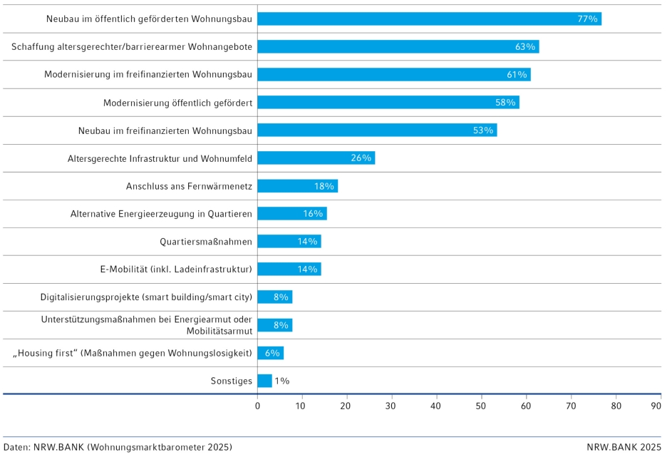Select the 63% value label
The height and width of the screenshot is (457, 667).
pyautogui.click(x=525, y=46)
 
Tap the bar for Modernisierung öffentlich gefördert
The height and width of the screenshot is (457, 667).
pyautogui.click(x=388, y=102)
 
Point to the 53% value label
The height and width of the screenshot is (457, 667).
pyautogui.click(x=483, y=130)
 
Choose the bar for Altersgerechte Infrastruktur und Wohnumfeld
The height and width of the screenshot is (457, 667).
pyautogui.click(x=316, y=158)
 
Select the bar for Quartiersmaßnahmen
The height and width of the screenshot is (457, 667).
pyautogui.click(x=289, y=242)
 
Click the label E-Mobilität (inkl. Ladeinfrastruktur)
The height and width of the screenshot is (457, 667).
pyautogui.click(x=176, y=269)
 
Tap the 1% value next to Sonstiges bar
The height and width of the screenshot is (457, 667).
pyautogui.click(x=281, y=381)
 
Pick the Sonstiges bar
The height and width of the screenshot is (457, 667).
pyautogui.click(x=264, y=381)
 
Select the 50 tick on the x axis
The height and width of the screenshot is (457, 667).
pyautogui.click(x=482, y=406)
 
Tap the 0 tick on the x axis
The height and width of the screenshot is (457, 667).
pyautogui.click(x=258, y=406)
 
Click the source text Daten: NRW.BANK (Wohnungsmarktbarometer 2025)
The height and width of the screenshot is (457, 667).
pyautogui.click(x=118, y=447)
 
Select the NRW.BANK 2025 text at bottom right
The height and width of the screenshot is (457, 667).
pyautogui.click(x=624, y=447)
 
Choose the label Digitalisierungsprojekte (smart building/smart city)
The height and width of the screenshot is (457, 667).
pyautogui.click(x=147, y=297)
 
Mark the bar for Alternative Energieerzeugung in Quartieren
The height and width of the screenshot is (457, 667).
pyautogui.click(x=292, y=214)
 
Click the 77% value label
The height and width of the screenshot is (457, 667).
pyautogui.click(x=587, y=19)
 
